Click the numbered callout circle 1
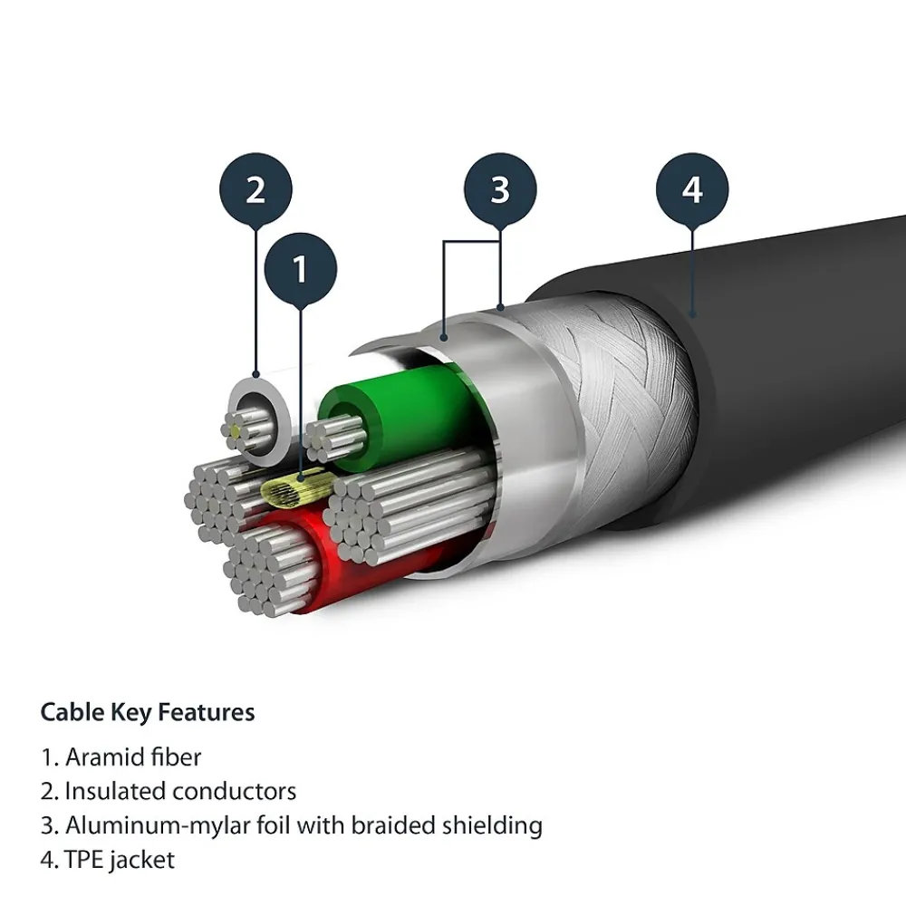coord(301,269)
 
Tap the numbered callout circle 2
coord(255,190)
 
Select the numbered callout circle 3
coord(500,190)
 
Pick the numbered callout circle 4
coord(692,190)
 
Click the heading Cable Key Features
coord(148,712)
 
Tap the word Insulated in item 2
coord(115,791)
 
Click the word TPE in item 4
coord(84,860)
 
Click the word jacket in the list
coord(143,860)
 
